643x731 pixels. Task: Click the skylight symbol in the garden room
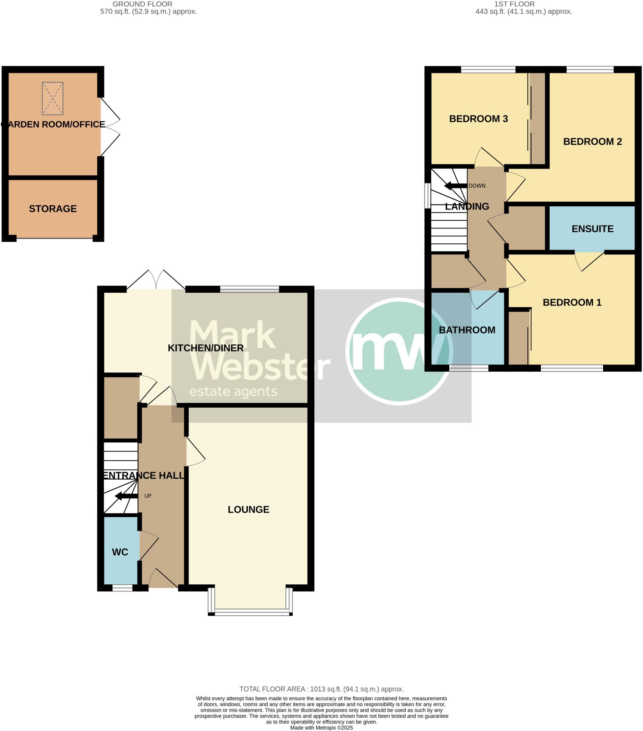52,99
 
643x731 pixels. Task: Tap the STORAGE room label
53,209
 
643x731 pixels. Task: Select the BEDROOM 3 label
479,119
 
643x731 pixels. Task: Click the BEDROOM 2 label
593,142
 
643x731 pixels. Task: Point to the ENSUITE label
593,229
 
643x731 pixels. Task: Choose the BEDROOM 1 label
572,303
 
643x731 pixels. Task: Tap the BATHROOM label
467,330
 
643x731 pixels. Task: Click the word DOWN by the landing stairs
477,186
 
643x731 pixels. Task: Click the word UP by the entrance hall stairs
148,496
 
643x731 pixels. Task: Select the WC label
120,552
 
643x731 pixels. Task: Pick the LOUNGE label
249,510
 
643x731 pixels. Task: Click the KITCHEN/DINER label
206,348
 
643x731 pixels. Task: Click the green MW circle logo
399,352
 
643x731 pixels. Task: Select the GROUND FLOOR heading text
142,4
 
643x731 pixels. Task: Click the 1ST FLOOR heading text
515,4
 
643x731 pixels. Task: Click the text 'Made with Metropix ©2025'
321,728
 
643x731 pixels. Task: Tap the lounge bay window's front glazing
250,614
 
